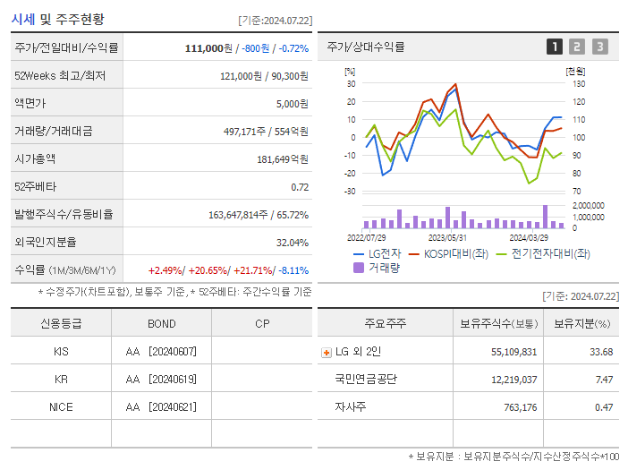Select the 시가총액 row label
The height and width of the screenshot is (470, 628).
pos(35,159)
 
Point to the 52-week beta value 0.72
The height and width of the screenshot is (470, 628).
pos(300,187)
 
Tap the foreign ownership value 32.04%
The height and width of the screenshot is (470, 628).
pos(293,243)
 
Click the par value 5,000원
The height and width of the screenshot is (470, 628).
pos(291,104)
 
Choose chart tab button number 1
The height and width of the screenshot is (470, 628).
pos(555,47)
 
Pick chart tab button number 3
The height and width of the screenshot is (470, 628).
pos(599,47)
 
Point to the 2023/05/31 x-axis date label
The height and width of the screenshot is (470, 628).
pos(447,238)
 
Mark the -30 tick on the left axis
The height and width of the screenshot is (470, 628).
pos(350,192)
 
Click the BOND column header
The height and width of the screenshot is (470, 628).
pos(162,323)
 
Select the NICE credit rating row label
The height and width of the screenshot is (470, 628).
pos(61,406)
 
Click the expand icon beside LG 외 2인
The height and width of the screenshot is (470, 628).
pos(326,353)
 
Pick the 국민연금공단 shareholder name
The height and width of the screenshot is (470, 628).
pos(367,380)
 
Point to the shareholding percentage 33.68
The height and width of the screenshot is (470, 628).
pos(601,352)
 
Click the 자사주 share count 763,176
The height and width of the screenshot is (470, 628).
pos(514,407)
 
